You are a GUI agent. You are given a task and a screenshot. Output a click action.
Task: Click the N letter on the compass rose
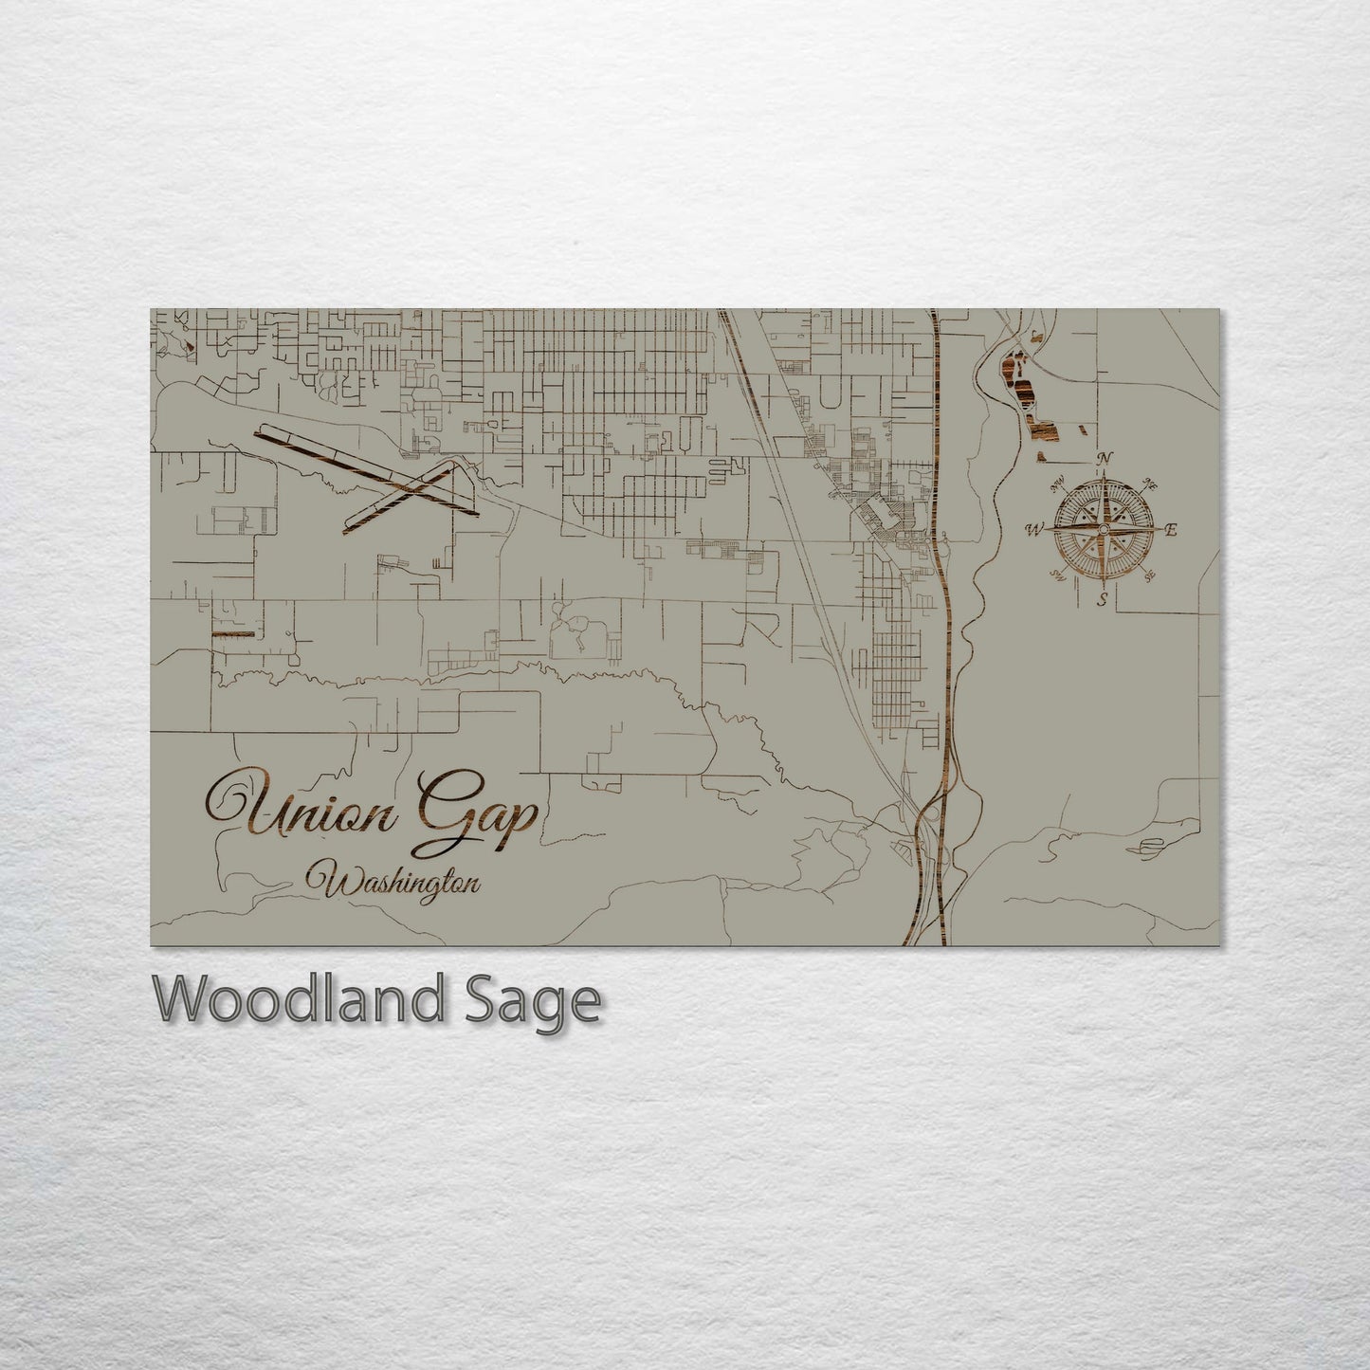(1104, 460)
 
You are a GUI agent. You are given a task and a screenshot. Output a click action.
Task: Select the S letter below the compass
(1103, 599)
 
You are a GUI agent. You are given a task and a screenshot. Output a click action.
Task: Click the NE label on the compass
(1151, 484)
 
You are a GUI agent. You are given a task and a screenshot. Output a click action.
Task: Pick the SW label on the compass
(1058, 575)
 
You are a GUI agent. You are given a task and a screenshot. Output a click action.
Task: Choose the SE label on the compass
(1150, 575)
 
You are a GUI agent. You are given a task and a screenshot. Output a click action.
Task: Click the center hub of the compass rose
(1103, 529)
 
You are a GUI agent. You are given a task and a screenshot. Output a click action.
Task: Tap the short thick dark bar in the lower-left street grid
(233, 633)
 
